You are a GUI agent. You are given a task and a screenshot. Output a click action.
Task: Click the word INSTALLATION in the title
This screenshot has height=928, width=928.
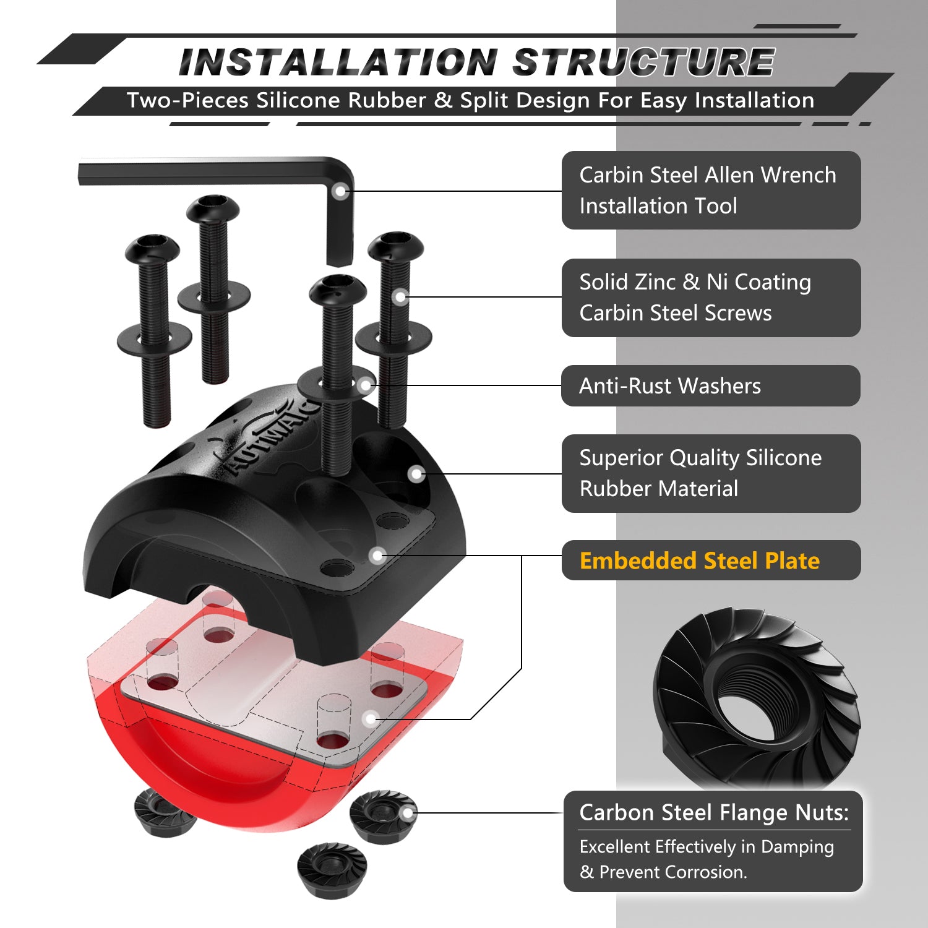(338, 62)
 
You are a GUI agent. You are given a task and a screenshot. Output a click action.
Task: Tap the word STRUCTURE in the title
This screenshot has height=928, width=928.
(643, 62)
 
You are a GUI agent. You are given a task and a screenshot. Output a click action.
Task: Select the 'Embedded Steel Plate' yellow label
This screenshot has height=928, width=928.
(699, 561)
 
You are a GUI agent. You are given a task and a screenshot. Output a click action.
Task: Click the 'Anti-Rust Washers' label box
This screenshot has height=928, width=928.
(710, 386)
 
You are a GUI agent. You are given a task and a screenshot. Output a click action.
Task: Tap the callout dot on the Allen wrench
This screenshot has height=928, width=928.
(340, 191)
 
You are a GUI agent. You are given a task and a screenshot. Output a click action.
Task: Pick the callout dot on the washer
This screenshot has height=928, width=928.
(366, 385)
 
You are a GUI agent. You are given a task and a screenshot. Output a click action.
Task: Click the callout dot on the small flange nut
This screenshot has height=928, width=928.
(408, 813)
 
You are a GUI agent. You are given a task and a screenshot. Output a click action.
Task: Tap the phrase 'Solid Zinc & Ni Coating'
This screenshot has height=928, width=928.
(695, 282)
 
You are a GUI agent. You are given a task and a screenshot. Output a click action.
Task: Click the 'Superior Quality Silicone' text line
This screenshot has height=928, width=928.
(700, 458)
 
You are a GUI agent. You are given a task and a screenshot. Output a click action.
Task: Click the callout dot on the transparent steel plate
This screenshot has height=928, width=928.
(371, 719)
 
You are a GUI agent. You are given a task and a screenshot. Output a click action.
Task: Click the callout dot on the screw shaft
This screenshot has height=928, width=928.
(400, 297)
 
